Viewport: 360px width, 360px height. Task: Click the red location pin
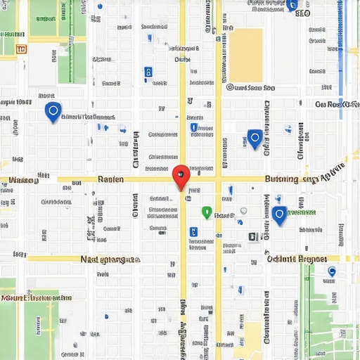(x=181, y=176)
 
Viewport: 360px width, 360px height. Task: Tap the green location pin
(x=206, y=212)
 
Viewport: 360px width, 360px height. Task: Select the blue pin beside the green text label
(x=279, y=214)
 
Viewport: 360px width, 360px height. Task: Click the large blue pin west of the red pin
(x=52, y=111)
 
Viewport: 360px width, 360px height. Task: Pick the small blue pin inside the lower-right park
(x=332, y=271)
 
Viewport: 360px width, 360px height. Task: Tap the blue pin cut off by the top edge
(x=292, y=5)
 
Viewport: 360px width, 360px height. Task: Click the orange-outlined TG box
(x=20, y=50)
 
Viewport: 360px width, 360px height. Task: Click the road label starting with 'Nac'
(x=110, y=259)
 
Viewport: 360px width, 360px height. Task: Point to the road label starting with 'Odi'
(x=297, y=258)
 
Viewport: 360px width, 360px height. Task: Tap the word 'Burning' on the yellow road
(x=281, y=179)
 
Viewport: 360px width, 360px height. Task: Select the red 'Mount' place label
(x=35, y=297)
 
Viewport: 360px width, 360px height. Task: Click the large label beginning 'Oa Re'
(x=337, y=104)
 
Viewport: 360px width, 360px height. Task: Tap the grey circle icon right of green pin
(x=243, y=210)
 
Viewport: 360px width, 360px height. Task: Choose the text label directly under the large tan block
(x=250, y=88)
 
